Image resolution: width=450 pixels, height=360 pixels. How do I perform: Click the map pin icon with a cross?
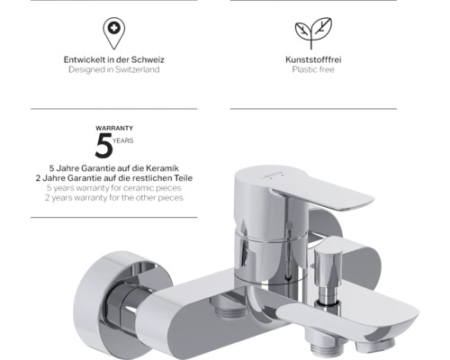pos(114,33)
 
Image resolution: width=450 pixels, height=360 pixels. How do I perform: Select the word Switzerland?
pos(137,69)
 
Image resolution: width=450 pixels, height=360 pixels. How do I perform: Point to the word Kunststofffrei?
pos(313,59)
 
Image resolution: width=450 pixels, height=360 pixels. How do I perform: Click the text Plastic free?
pos(313,69)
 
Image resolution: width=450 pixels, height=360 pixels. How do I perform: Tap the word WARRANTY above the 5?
pos(114,128)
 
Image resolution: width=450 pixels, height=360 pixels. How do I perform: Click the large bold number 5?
pos(103,146)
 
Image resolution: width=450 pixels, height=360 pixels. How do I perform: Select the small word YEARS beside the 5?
pos(123,140)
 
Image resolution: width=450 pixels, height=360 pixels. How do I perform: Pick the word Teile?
pos(183,178)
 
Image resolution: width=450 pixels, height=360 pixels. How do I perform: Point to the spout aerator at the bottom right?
pos(376,344)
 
